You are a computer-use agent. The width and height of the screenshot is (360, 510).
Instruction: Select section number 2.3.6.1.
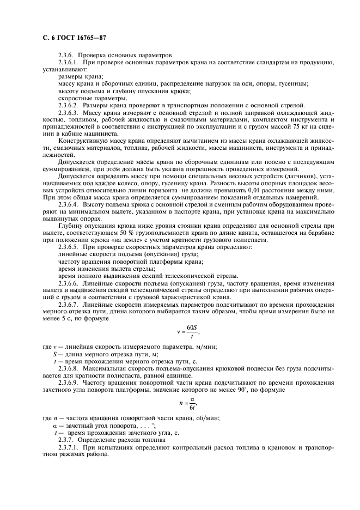pos(68,63)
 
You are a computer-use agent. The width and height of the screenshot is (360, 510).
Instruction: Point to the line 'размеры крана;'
pos(76,76)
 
